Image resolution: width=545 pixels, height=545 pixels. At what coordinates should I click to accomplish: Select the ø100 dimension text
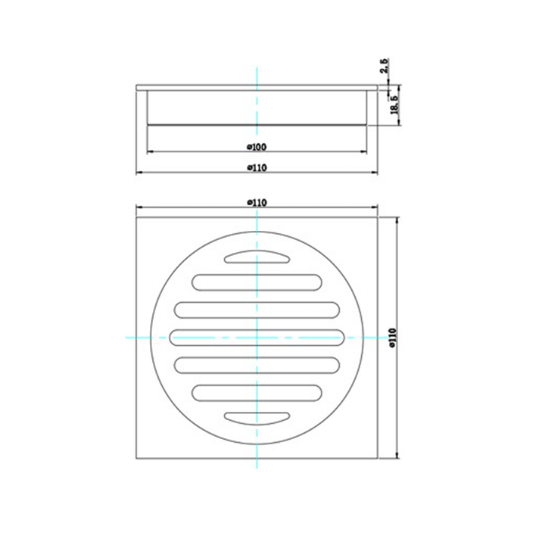pos(257,145)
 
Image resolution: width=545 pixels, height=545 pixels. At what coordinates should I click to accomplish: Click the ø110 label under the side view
pos(257,168)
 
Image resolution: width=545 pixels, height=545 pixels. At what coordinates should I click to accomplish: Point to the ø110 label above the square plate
pos(257,202)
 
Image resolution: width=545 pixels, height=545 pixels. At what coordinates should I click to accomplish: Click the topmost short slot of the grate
pos(257,257)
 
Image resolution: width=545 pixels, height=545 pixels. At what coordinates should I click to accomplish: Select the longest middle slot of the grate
pos(257,336)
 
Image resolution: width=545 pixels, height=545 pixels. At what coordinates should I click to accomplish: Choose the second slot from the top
pos(257,282)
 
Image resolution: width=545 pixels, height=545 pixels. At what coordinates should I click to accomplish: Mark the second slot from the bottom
pos(257,391)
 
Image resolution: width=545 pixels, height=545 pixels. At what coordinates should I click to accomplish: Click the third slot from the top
pos(257,309)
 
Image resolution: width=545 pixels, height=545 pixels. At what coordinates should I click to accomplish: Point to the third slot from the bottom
pos(257,364)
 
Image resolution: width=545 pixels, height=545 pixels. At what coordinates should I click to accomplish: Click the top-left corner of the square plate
pos(136,217)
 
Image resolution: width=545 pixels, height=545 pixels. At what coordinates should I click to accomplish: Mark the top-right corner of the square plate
pos(378,217)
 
